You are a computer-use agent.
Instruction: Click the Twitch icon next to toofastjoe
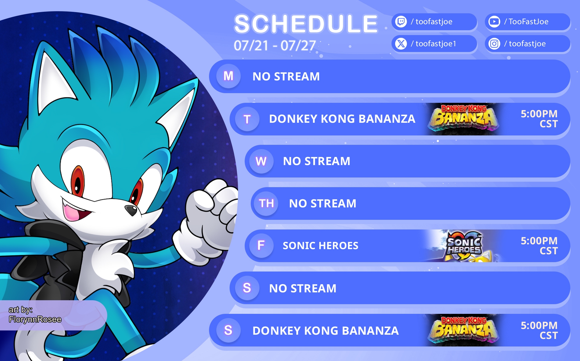click(401, 22)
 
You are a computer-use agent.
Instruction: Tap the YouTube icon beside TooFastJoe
click(494, 22)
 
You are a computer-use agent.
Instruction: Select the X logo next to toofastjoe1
click(401, 44)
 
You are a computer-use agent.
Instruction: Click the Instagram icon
click(494, 44)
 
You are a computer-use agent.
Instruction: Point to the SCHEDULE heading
click(306, 24)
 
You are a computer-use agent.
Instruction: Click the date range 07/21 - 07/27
click(275, 46)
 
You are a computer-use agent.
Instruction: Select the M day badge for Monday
click(229, 76)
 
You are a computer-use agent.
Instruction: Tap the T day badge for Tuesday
click(247, 119)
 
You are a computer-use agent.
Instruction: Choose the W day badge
click(261, 161)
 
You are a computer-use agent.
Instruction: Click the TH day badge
click(266, 203)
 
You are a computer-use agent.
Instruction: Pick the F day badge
click(261, 246)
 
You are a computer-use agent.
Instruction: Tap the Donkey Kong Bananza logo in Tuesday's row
click(464, 119)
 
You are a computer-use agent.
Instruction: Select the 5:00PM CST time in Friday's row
click(539, 246)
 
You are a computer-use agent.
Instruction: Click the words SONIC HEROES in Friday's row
click(321, 246)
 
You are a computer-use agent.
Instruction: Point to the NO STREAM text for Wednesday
click(317, 161)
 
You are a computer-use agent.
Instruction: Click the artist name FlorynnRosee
click(35, 319)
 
